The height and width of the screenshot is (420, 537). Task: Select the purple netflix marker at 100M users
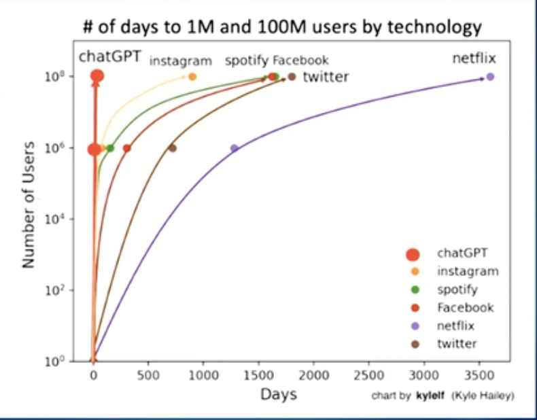[490, 77]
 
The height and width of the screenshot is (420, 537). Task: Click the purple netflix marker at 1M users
[235, 148]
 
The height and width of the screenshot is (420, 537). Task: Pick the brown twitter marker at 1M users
[173, 148]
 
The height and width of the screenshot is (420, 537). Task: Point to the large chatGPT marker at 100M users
[97, 77]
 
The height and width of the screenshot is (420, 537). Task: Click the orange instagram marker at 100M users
[192, 77]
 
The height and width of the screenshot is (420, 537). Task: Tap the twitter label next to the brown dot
[326, 77]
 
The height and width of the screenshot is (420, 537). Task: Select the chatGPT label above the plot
[109, 56]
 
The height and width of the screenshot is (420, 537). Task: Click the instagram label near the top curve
[180, 61]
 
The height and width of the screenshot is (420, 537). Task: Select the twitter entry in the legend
[457, 344]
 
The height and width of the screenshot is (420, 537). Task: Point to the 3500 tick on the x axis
[479, 374]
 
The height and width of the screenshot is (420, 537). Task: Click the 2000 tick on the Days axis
[314, 374]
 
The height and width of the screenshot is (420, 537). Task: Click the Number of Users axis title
[29, 204]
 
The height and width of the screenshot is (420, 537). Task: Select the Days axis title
[279, 394]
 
